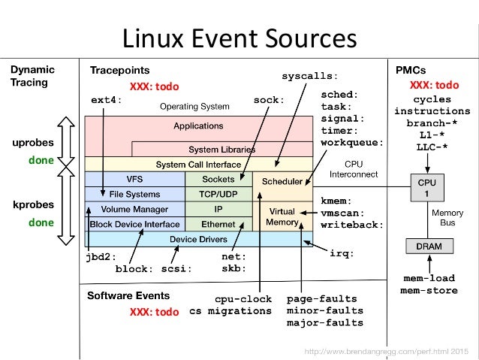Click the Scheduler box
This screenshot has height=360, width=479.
point(282,186)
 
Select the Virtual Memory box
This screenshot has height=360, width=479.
point(282,216)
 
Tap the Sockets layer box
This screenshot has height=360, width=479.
point(218,179)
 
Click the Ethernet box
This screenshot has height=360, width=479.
point(218,224)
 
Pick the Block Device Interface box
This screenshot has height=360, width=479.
point(134,224)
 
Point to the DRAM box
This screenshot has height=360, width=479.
point(429,247)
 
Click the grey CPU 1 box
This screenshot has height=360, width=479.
point(427,188)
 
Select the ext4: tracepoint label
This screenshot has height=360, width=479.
point(107,100)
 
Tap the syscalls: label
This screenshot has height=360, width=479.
point(310,76)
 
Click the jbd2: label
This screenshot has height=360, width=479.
point(101,257)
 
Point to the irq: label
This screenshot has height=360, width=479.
point(342,253)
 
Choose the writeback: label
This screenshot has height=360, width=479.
point(352,225)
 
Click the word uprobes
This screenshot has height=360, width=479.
point(33,143)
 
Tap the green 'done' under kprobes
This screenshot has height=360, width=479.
point(41,222)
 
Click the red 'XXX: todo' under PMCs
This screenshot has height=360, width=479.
point(434,85)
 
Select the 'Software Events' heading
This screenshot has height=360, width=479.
point(128,296)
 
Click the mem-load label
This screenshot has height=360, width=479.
point(429,278)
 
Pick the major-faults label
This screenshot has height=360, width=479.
point(325,322)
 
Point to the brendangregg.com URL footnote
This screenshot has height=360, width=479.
point(387,352)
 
